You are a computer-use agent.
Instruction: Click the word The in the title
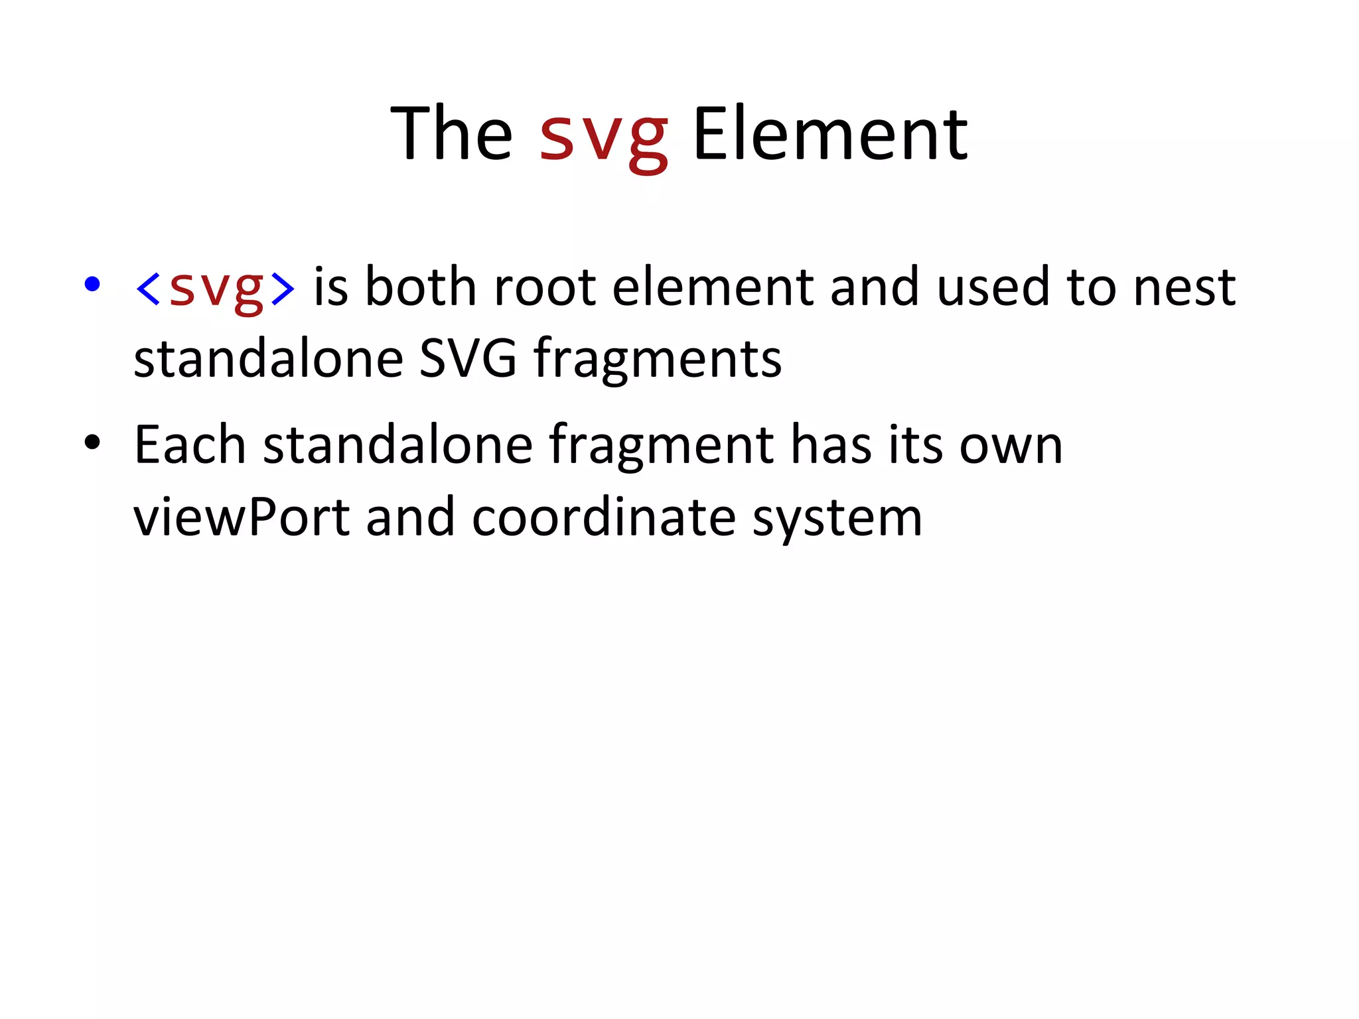(x=451, y=134)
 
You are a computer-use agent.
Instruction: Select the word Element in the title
(x=830, y=134)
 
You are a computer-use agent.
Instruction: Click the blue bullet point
(x=92, y=284)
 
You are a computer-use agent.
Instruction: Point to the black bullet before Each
(x=92, y=442)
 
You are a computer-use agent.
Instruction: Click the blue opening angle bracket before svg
(x=147, y=288)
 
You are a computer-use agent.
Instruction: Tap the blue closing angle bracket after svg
(x=283, y=288)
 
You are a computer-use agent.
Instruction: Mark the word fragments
(x=658, y=360)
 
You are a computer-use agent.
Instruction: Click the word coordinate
(x=604, y=517)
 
